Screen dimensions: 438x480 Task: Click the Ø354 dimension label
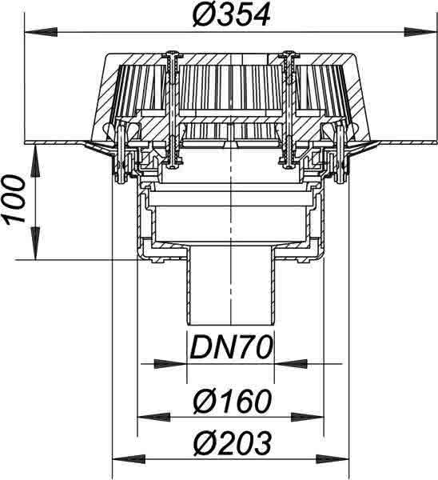pos(232,15)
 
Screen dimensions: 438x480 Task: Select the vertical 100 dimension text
pos(14,199)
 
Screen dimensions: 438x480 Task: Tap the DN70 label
pos(231,347)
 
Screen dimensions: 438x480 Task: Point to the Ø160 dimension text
pos(232,401)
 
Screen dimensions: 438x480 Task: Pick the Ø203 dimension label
pos(232,443)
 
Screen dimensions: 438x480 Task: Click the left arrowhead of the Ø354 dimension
pos(41,32)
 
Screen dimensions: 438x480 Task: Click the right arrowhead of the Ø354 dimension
pos(420,32)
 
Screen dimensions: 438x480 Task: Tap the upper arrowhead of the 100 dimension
pos(36,162)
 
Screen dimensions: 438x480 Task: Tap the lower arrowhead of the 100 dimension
pos(36,243)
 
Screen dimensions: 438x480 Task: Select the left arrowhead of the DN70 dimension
pos(170,364)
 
